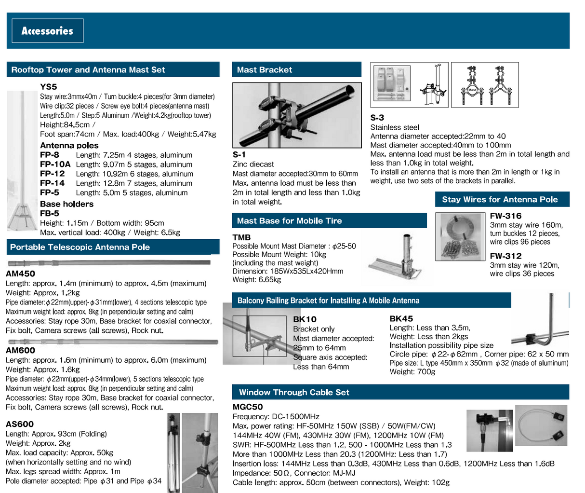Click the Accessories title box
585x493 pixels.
[47, 31]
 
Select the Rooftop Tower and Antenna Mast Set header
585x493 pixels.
[88, 70]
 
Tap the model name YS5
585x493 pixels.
[49, 87]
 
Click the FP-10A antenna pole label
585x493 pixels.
[55, 164]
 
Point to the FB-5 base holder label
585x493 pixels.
[50, 213]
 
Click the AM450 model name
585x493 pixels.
[20, 274]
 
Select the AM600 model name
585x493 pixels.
[20, 351]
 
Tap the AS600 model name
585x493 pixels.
[20, 424]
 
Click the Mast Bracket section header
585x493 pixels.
[265, 70]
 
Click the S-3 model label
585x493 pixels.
[377, 118]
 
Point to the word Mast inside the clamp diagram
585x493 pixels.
[472, 90]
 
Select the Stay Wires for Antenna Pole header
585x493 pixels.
[500, 200]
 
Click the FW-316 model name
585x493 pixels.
[505, 216]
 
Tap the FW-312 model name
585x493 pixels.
[505, 256]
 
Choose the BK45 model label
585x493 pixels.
[401, 319]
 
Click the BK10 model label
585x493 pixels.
[305, 319]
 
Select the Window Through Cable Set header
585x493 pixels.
[294, 393]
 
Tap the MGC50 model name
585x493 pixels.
[248, 407]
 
